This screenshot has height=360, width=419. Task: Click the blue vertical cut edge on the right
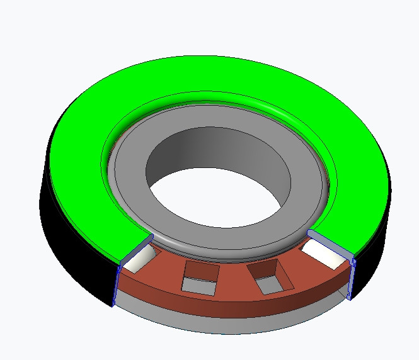pyautogui.click(x=352, y=277)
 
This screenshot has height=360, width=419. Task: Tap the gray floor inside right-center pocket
pyautogui.click(x=270, y=285)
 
